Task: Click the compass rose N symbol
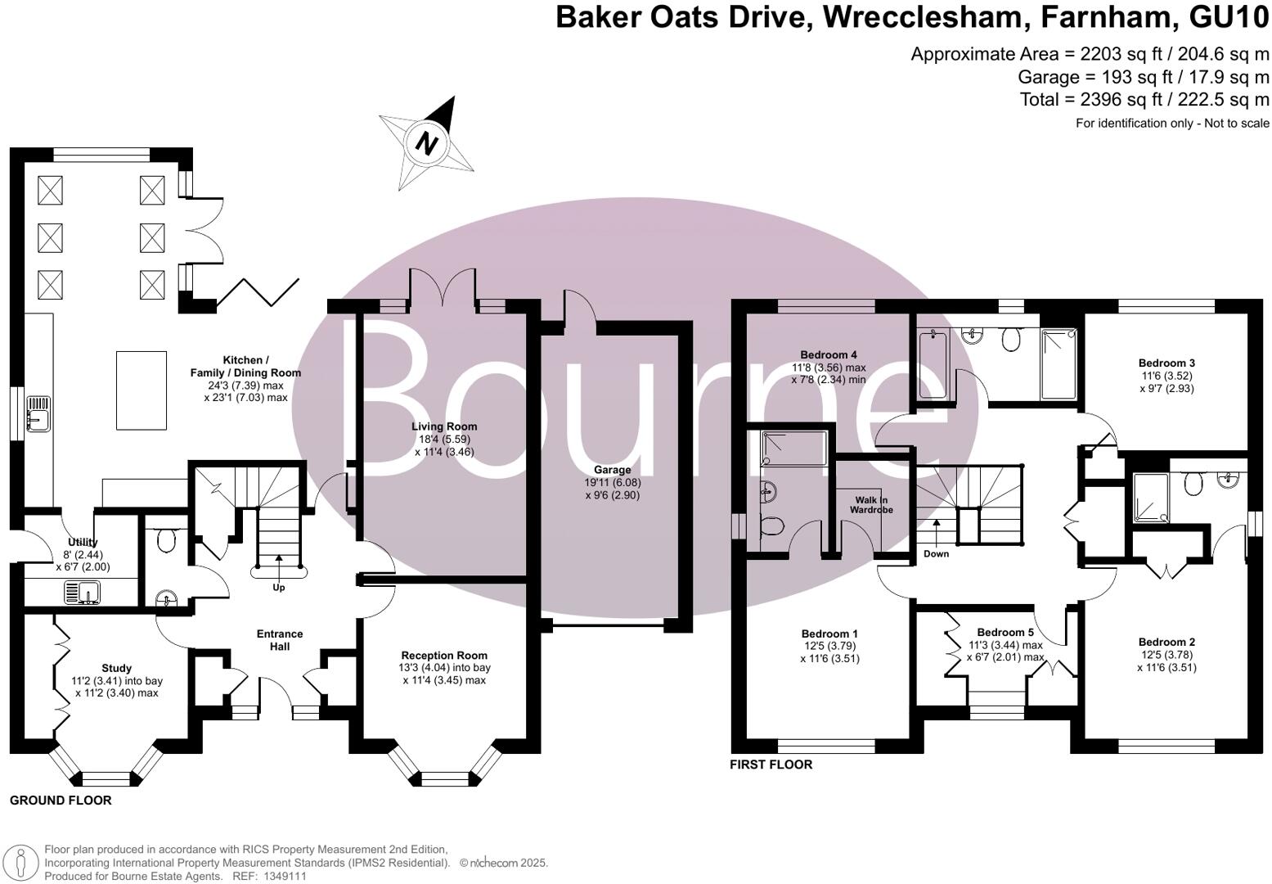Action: (425, 143)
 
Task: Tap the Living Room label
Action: (444, 426)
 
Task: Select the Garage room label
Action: (612, 470)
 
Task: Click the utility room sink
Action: (81, 591)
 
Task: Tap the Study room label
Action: (116, 668)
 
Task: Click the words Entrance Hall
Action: (280, 640)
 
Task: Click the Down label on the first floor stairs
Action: (936, 554)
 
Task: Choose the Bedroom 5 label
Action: (1005, 632)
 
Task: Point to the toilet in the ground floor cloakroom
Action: (166, 539)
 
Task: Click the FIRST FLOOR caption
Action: (771, 764)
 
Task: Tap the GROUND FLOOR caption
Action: (61, 801)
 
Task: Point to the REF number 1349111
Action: (284, 876)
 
